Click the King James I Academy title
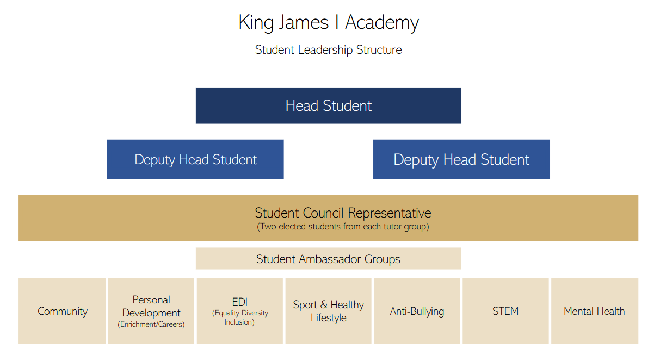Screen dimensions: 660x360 tap(329, 22)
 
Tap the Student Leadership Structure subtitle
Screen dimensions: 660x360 tap(328, 49)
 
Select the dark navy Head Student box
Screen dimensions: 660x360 tap(328, 105)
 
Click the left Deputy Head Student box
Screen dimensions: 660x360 tap(195, 159)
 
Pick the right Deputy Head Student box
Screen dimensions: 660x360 tap(461, 159)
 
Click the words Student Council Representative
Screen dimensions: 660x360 tap(343, 213)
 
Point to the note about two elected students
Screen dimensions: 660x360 tap(343, 227)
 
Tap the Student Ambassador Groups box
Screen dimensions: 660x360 tap(328, 259)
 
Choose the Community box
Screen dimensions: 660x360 tap(62, 311)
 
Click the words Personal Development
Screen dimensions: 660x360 tap(151, 306)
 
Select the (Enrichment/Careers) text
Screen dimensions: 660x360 tap(151, 324)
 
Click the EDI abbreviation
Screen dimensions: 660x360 tap(240, 302)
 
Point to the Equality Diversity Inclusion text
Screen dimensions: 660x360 tap(240, 317)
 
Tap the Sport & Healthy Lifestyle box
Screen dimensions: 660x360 tap(328, 311)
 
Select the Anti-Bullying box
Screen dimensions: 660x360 tap(417, 311)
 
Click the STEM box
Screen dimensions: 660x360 tap(505, 311)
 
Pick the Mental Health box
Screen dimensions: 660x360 tap(595, 311)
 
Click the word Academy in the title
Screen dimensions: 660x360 tap(382, 23)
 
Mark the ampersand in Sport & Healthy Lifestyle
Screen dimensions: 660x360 tap(324, 305)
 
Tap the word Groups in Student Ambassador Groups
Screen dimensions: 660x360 tap(382, 259)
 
